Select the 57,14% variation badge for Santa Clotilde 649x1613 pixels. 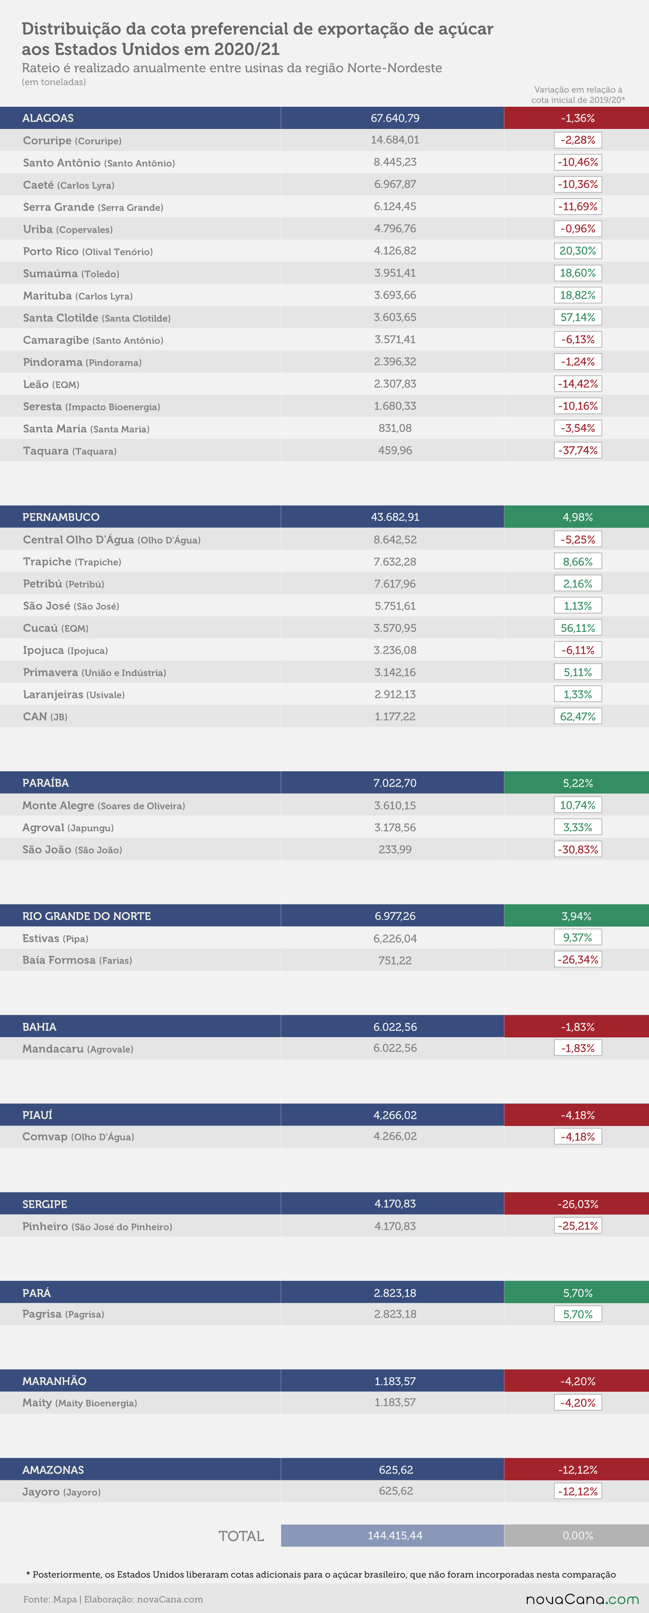pos(577,317)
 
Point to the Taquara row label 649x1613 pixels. pos(70,451)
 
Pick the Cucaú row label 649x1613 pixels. pos(56,628)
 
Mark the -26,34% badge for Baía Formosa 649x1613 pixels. pos(577,959)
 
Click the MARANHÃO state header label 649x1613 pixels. pos(55,1381)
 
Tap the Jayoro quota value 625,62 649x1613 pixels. pos(396,1491)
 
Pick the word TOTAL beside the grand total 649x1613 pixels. pos(241,1536)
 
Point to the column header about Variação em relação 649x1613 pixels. pos(578,95)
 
